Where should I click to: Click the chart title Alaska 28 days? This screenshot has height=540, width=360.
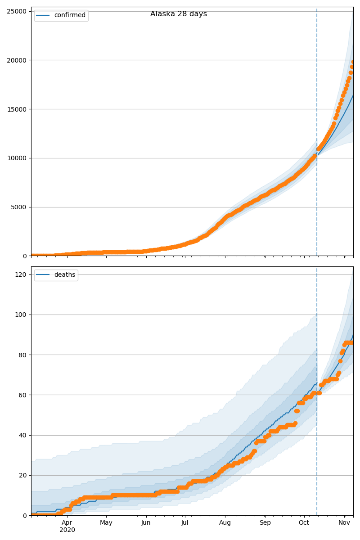tap(179, 14)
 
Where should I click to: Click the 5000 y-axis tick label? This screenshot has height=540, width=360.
tap(18, 207)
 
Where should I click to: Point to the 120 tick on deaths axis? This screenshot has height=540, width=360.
tap(20, 275)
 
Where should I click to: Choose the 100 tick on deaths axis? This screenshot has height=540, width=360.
tap(20, 315)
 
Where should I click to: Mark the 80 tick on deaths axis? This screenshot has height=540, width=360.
tap(22, 355)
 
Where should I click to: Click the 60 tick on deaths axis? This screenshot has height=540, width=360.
tap(22, 395)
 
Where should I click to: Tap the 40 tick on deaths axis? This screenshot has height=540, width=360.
tap(22, 435)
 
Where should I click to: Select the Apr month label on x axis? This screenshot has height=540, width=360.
tap(67, 523)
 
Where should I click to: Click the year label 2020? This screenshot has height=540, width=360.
tap(67, 530)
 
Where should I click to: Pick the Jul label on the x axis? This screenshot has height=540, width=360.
tap(185, 523)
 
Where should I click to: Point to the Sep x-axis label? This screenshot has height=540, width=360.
tap(265, 523)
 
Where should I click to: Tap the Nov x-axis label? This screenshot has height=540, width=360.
tap(344, 523)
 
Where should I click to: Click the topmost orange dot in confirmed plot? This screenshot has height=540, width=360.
tap(353, 62)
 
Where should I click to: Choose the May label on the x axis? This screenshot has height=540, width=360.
tap(106, 523)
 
